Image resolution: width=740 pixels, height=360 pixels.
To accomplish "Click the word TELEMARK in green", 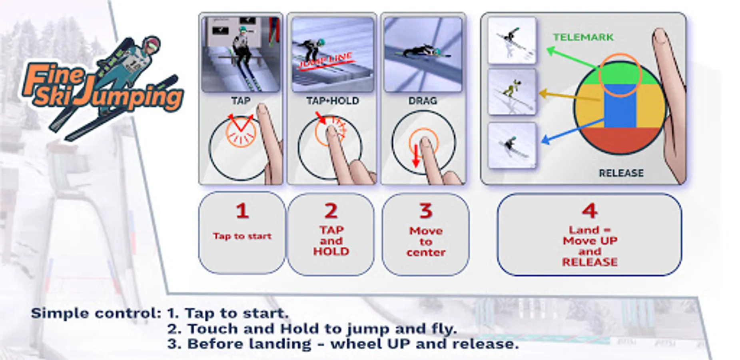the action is click(583, 37).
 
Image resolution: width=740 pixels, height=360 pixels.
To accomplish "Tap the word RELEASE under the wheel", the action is click(621, 173).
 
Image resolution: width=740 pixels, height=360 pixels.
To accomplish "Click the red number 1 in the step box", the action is click(242, 211).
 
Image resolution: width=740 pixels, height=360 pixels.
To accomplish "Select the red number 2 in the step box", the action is click(331, 211).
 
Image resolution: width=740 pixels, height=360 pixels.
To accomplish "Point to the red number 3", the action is click(426, 211).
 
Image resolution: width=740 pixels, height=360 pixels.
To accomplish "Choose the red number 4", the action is click(590, 211).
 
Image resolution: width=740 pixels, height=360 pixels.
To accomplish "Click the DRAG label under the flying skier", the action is click(423, 101).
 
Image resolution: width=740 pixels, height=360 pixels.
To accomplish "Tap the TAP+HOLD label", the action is click(333, 101).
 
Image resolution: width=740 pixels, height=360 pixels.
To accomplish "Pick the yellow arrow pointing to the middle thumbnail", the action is click(570, 96).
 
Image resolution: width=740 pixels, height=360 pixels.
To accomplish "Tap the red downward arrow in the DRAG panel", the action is click(416, 155).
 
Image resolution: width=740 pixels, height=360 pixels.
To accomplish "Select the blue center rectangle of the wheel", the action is click(620, 106).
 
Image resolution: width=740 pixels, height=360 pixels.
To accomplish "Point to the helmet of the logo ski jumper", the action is click(152, 44).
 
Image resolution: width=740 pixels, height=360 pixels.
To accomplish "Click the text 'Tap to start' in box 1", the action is click(242, 236).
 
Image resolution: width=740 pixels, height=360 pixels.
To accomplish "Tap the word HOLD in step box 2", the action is click(331, 251).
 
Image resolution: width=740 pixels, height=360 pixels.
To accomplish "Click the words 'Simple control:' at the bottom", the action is click(96, 313).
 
